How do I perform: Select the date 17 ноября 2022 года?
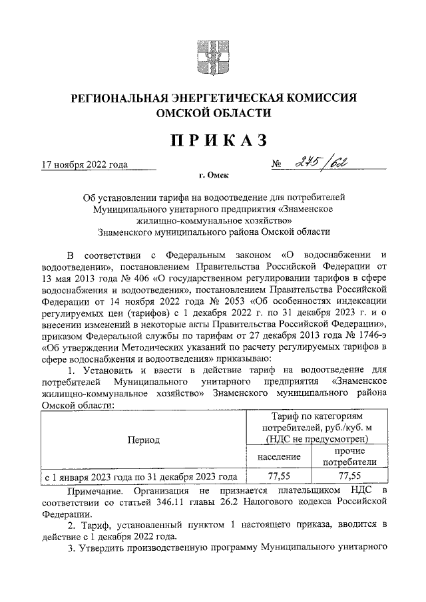point(84,164)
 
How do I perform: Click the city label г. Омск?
point(214,176)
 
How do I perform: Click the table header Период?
point(144,440)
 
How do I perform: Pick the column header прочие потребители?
point(349,456)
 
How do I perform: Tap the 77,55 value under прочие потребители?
point(349,476)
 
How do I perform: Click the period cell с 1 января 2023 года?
point(140,476)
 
